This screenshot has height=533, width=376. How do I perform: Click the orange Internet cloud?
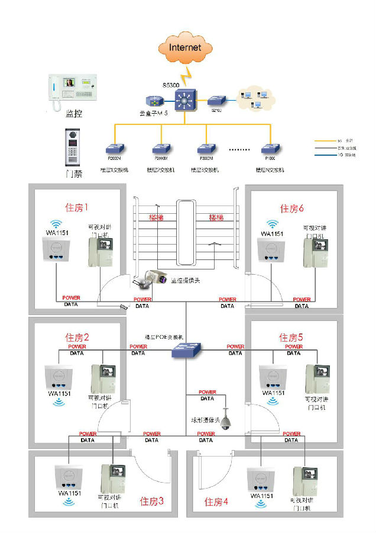point(185,48)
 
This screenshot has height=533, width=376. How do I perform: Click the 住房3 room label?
point(151,501)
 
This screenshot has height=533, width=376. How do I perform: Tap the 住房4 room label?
point(216,502)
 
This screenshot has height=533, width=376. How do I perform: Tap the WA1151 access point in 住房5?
point(272,377)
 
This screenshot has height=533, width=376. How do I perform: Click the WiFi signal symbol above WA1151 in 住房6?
point(272,224)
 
